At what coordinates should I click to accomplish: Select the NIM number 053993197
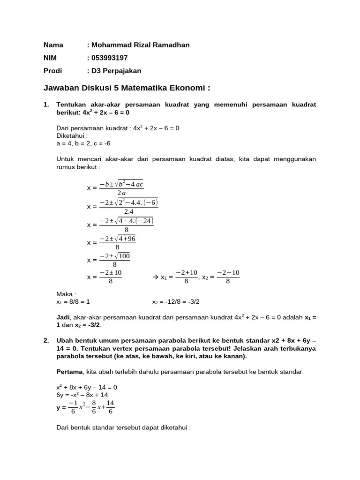109,58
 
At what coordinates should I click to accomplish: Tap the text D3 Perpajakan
116,71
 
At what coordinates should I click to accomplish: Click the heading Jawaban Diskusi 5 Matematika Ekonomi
127,88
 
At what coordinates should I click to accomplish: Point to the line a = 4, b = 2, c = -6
83,143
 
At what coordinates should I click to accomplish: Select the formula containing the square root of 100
115,260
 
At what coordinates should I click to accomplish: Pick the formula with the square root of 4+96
117,242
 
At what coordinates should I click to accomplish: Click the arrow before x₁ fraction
156,277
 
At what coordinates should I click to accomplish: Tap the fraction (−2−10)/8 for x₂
228,277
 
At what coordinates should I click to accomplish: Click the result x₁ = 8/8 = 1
76,301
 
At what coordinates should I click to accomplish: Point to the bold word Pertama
69,372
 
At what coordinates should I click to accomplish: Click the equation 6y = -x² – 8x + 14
82,395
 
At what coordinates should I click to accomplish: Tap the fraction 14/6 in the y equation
110,408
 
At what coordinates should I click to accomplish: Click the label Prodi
52,71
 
